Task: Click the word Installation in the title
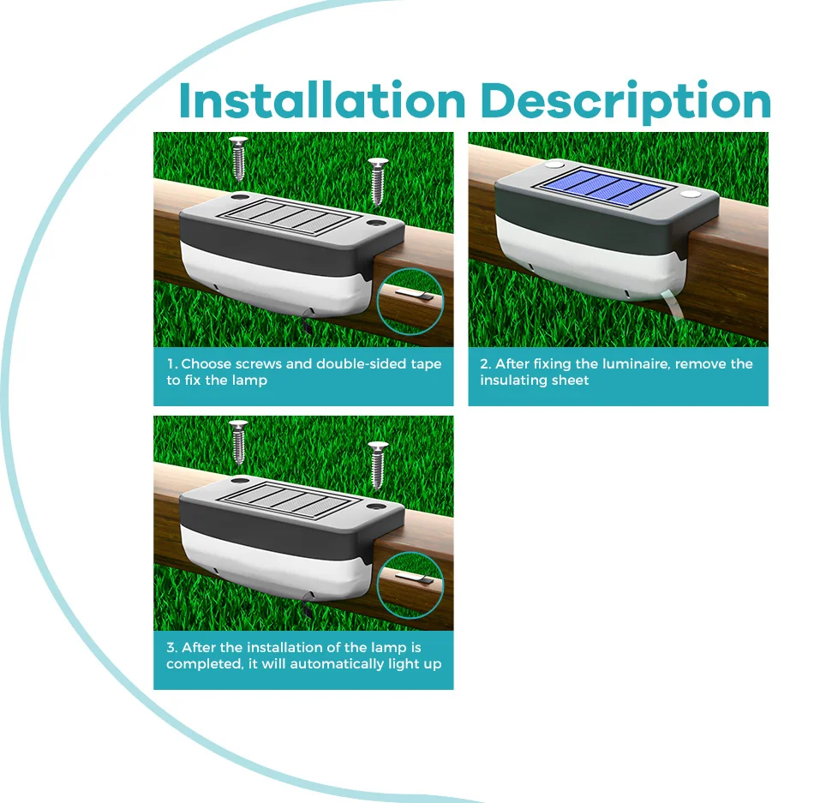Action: (x=322, y=100)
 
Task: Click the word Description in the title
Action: (x=625, y=102)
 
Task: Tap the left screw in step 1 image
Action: (x=238, y=159)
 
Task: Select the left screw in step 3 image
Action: (x=238, y=442)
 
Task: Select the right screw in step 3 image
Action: (x=377, y=465)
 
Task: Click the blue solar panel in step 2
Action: (x=605, y=188)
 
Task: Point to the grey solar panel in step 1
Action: (x=289, y=217)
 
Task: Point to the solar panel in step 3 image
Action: (x=289, y=500)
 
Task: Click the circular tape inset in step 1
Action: (x=410, y=302)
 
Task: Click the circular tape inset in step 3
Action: (x=410, y=585)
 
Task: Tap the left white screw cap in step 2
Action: (x=554, y=165)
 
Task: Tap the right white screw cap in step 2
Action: (x=690, y=195)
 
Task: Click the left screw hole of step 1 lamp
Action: (x=240, y=197)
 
